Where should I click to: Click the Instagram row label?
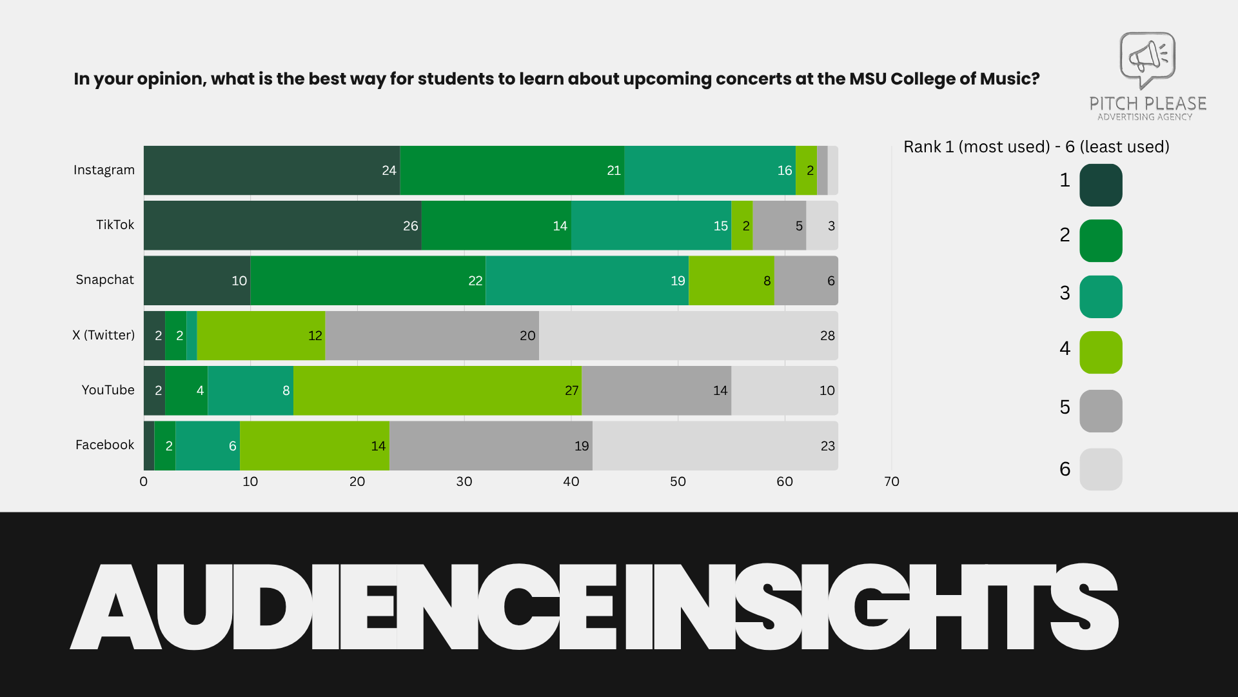pos(104,170)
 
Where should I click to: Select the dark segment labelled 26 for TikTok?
pos(282,225)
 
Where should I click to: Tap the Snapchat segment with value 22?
pos(368,280)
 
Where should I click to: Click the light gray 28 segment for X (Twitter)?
pos(687,336)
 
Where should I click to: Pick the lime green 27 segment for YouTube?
pos(437,390)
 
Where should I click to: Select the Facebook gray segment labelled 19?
pos(490,445)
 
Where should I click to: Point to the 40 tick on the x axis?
pos(571,481)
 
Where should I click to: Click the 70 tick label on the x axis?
pos(891,481)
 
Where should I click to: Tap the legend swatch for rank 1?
pos(1101,185)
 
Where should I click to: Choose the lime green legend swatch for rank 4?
pos(1101,352)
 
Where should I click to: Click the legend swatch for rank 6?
pos(1101,469)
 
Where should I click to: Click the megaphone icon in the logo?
pos(1147,58)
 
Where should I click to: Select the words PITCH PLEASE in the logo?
pos(1147,103)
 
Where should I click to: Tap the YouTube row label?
pos(108,390)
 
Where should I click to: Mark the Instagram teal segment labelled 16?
pos(709,170)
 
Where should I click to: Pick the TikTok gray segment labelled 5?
pos(779,225)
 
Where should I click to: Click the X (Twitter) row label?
pos(103,335)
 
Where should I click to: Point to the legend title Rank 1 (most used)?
pos(976,147)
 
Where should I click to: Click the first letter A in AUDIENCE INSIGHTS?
pos(116,607)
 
